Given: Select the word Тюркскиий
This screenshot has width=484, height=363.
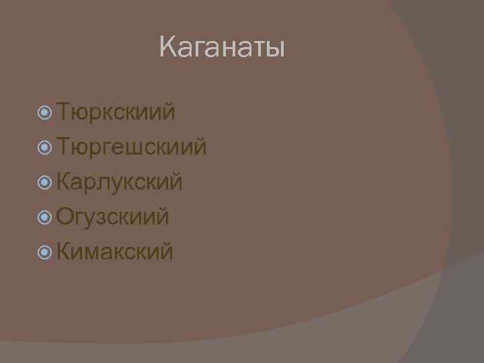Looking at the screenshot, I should click(116, 111).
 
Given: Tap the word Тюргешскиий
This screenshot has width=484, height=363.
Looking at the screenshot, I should click(132, 146).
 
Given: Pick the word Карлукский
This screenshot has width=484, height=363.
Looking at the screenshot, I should click(120, 181).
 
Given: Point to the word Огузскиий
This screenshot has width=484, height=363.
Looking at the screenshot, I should click(113, 216).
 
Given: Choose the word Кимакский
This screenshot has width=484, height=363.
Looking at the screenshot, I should click(115, 251).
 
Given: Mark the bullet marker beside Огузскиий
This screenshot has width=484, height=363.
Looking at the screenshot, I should click(45, 216).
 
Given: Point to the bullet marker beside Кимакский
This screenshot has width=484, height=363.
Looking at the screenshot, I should click(45, 251).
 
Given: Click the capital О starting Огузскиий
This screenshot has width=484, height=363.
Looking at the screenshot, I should click(65, 216).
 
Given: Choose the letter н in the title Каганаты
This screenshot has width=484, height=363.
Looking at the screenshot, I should click(229, 49).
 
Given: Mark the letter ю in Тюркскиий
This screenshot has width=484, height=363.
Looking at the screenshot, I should click(81, 112).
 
